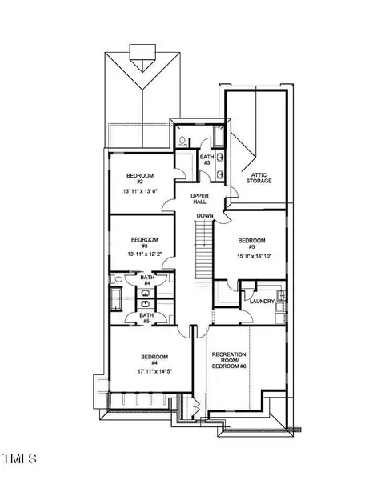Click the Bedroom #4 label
click(152, 360)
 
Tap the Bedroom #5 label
click(251, 243)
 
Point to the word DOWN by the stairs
click(205, 216)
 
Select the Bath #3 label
click(206, 160)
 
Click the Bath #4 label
click(147, 280)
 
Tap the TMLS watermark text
click(19, 459)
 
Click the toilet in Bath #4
click(118, 279)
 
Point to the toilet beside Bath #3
click(182, 141)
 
